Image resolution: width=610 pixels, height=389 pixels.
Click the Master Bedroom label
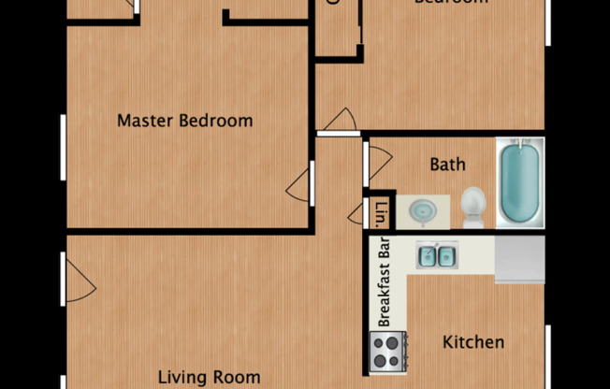[184, 121]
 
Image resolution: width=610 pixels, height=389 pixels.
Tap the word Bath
[447, 166]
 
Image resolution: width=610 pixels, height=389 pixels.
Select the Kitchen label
[472, 342]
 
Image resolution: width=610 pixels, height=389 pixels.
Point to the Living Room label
[208, 377]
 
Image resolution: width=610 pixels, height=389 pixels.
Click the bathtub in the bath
[519, 182]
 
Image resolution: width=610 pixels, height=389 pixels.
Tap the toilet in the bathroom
[473, 206]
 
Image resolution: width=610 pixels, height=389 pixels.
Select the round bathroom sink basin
[422, 209]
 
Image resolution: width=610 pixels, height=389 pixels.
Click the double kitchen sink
[435, 255]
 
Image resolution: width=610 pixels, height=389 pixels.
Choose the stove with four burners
[388, 353]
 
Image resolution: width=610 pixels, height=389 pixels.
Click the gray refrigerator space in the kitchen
[519, 259]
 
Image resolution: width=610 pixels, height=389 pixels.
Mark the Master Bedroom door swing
[299, 182]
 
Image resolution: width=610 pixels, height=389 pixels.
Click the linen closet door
[356, 214]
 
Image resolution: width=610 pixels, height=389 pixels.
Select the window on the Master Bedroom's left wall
[64, 144]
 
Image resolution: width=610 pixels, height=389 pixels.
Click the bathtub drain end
[519, 151]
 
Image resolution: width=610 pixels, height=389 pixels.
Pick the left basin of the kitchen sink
[427, 255]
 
